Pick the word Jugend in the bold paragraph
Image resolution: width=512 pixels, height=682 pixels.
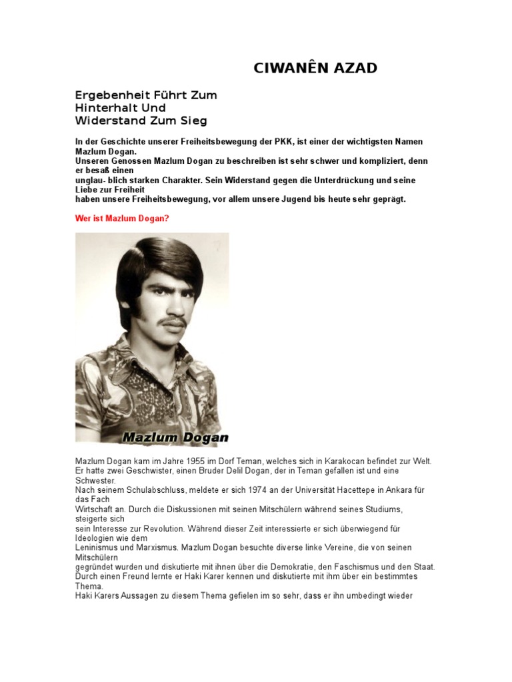(283, 199)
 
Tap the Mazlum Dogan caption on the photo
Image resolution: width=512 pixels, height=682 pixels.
(175, 438)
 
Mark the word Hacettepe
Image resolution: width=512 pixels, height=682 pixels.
(342, 490)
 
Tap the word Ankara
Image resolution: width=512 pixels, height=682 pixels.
(381, 490)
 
